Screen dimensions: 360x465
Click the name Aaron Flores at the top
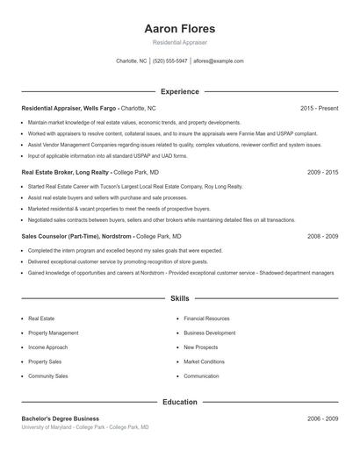point(179,29)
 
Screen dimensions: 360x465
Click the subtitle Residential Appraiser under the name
point(179,43)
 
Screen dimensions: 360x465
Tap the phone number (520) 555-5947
point(170,61)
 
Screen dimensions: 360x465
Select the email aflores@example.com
point(219,61)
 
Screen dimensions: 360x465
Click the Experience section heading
point(179,91)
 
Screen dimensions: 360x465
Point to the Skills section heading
point(179,299)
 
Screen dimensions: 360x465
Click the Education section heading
point(179,402)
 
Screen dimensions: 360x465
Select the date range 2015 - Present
point(319,108)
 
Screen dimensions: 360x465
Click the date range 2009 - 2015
point(322,172)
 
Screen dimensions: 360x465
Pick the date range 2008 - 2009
point(322,237)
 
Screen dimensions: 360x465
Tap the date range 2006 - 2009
point(322,418)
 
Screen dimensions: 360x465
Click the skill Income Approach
point(48,347)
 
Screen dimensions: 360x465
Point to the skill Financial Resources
point(206,318)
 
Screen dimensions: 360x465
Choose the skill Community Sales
point(48,376)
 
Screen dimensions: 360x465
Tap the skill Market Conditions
point(204,361)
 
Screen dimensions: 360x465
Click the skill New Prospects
point(201,347)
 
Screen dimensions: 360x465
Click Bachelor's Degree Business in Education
point(60,418)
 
